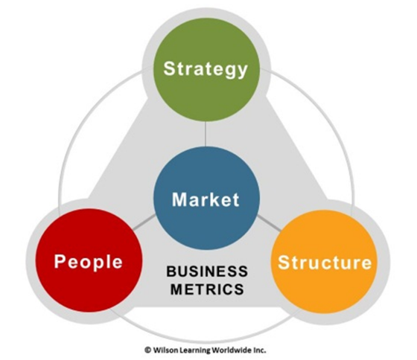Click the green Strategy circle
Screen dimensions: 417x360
[x=206, y=70]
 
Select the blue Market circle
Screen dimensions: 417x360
[x=206, y=199]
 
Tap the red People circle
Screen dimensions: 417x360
[x=89, y=260]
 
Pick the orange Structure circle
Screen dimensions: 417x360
[x=325, y=261]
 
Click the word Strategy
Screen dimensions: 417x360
[x=206, y=70]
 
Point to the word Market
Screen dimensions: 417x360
[x=206, y=199]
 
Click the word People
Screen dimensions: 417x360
[x=89, y=263]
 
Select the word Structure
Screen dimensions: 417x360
[x=325, y=263]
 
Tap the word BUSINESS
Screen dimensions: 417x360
[x=207, y=271]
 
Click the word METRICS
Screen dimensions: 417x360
[x=207, y=289]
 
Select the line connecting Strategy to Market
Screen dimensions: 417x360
[x=206, y=134]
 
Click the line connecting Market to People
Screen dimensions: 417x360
[x=144, y=222]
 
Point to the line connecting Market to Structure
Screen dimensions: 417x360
[x=269, y=222]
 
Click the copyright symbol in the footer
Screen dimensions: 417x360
[x=148, y=350]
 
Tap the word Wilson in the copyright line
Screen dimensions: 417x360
[x=162, y=350]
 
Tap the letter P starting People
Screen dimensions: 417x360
[x=60, y=261]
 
